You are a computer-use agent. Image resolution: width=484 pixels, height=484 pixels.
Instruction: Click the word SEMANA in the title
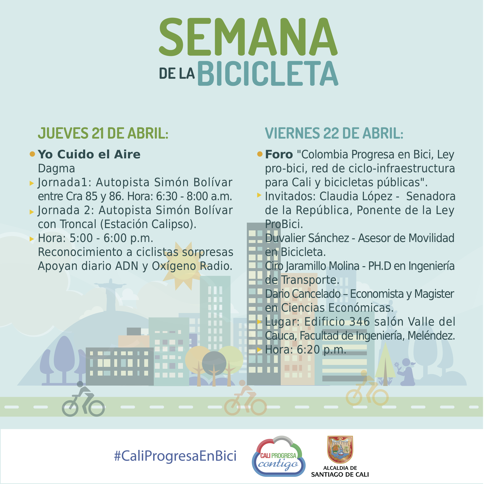248,37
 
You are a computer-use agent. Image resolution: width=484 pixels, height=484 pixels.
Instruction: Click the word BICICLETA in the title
268,73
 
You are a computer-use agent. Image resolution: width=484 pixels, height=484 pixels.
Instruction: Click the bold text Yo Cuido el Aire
89,154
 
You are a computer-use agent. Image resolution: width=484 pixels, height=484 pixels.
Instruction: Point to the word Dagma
56,169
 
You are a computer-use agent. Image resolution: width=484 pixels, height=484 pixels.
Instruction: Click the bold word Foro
279,154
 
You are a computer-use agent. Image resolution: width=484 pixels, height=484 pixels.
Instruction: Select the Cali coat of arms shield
340,450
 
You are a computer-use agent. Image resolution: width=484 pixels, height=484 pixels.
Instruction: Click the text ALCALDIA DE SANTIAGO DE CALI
340,471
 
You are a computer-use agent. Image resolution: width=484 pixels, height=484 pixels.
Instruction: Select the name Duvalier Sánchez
307,238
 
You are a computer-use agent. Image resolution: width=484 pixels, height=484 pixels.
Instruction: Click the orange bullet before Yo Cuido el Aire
32,154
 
